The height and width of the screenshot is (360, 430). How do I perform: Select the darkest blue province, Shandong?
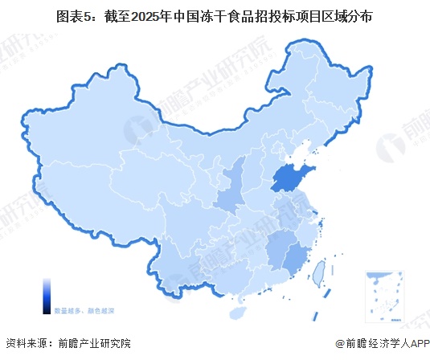[292, 178]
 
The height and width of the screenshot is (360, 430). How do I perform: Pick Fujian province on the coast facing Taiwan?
[299, 256]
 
